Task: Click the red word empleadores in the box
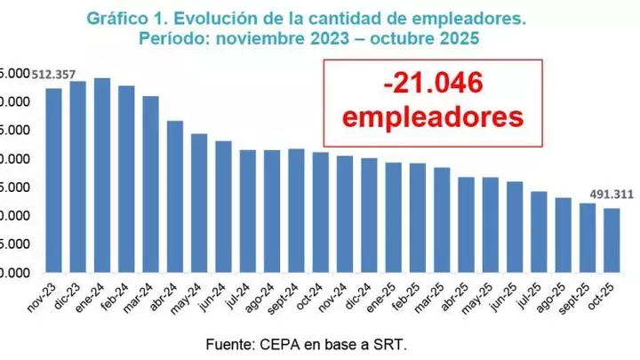point(432,116)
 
